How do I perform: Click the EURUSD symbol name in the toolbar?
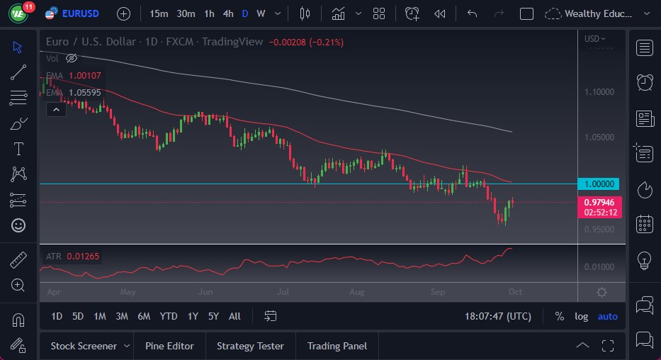81,13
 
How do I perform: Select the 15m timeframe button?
159,13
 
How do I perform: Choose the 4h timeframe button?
227,13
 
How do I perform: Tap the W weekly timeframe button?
261,13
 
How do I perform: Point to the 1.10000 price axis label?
599,91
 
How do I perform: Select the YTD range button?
168,316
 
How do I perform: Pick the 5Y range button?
213,316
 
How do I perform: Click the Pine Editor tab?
169,346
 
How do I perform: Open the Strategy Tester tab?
250,346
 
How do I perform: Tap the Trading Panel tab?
337,346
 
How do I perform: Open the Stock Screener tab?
84,346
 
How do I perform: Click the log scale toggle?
581,316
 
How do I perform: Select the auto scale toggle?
607,316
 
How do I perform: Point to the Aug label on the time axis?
357,291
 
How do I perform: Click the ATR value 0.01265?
84,256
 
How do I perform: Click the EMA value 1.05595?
84,92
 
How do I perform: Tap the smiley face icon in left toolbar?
18,225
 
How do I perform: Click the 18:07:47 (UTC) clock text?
497,316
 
